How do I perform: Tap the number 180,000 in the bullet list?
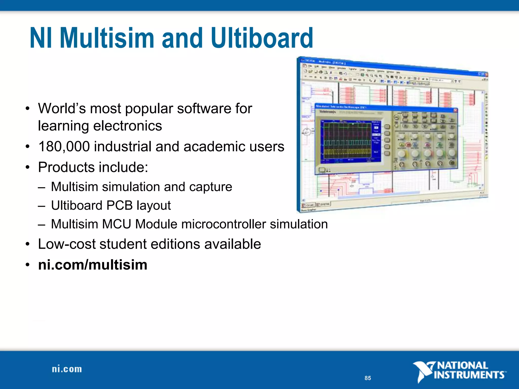(64, 147)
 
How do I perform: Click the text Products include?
(93, 167)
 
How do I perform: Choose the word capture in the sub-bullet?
(210, 187)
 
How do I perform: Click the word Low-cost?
(66, 244)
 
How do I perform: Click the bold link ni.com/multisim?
(92, 265)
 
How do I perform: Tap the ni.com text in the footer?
(67, 369)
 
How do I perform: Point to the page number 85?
(368, 378)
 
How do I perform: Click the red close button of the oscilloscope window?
(455, 110)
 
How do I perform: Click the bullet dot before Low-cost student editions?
(28, 244)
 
